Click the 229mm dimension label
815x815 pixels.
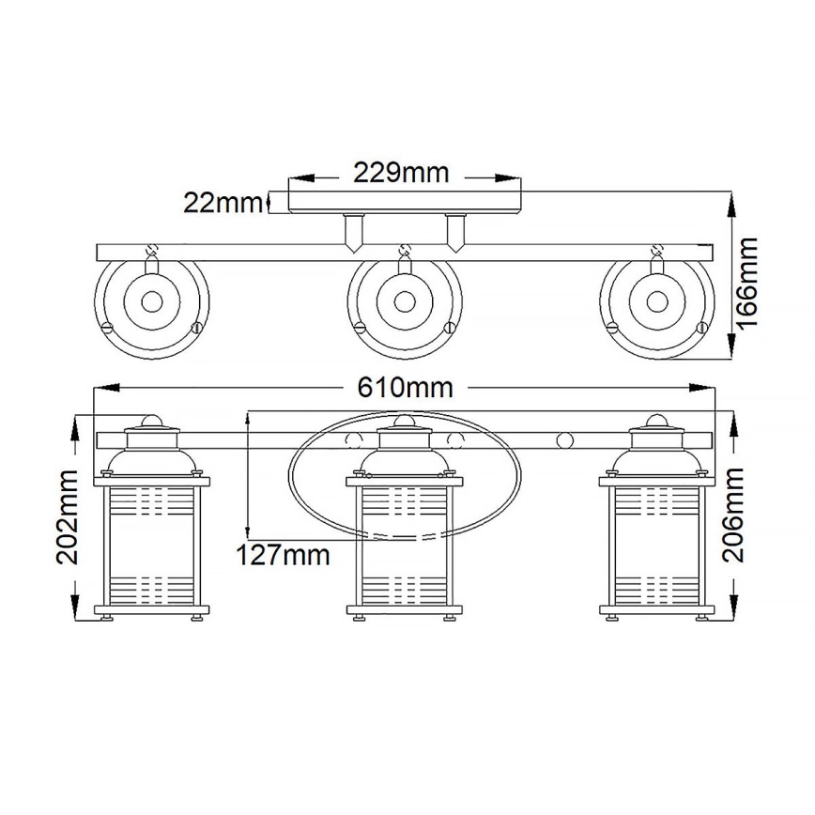(x=401, y=173)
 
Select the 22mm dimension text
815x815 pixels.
(x=223, y=202)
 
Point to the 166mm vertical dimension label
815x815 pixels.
(x=747, y=282)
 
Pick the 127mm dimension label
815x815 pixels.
(x=283, y=555)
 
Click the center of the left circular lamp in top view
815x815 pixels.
(x=151, y=302)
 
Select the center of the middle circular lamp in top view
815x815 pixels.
(x=404, y=302)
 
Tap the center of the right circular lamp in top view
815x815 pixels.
(x=656, y=302)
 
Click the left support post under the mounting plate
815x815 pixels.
(x=353, y=233)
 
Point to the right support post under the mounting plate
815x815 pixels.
(x=455, y=233)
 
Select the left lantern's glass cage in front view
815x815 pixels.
(x=151, y=545)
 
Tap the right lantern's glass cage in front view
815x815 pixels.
(x=656, y=545)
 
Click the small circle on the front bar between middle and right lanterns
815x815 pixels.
(x=565, y=439)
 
